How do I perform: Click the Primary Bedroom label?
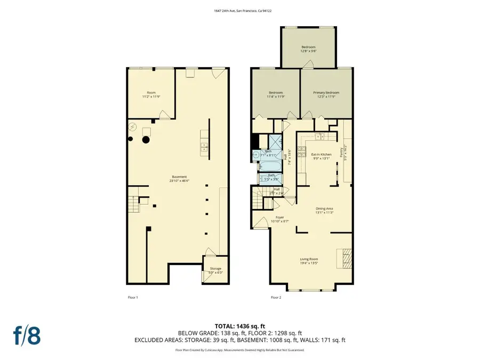[326, 93]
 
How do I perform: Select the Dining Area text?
[324, 210]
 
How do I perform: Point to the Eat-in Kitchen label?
[321, 155]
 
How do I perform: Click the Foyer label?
[280, 218]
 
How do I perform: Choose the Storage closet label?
[215, 268]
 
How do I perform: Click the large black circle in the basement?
[145, 140]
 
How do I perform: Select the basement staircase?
[133, 202]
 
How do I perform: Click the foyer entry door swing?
[261, 223]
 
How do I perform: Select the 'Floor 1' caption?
[133, 297]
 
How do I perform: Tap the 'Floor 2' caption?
[276, 297]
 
